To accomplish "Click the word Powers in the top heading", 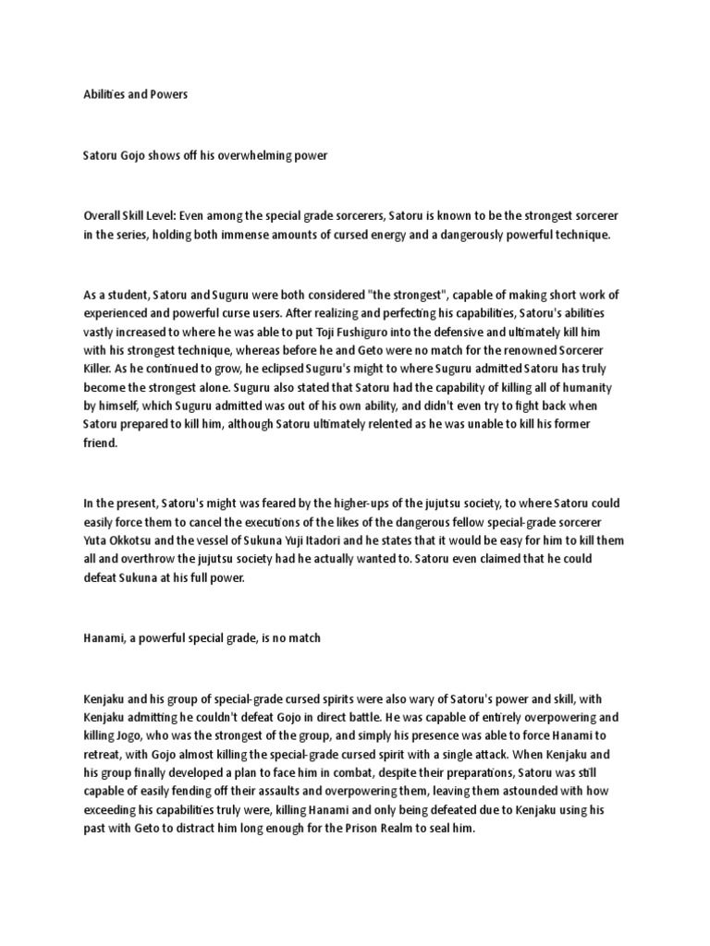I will click(168, 93).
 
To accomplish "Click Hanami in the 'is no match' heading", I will click(104, 639).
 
